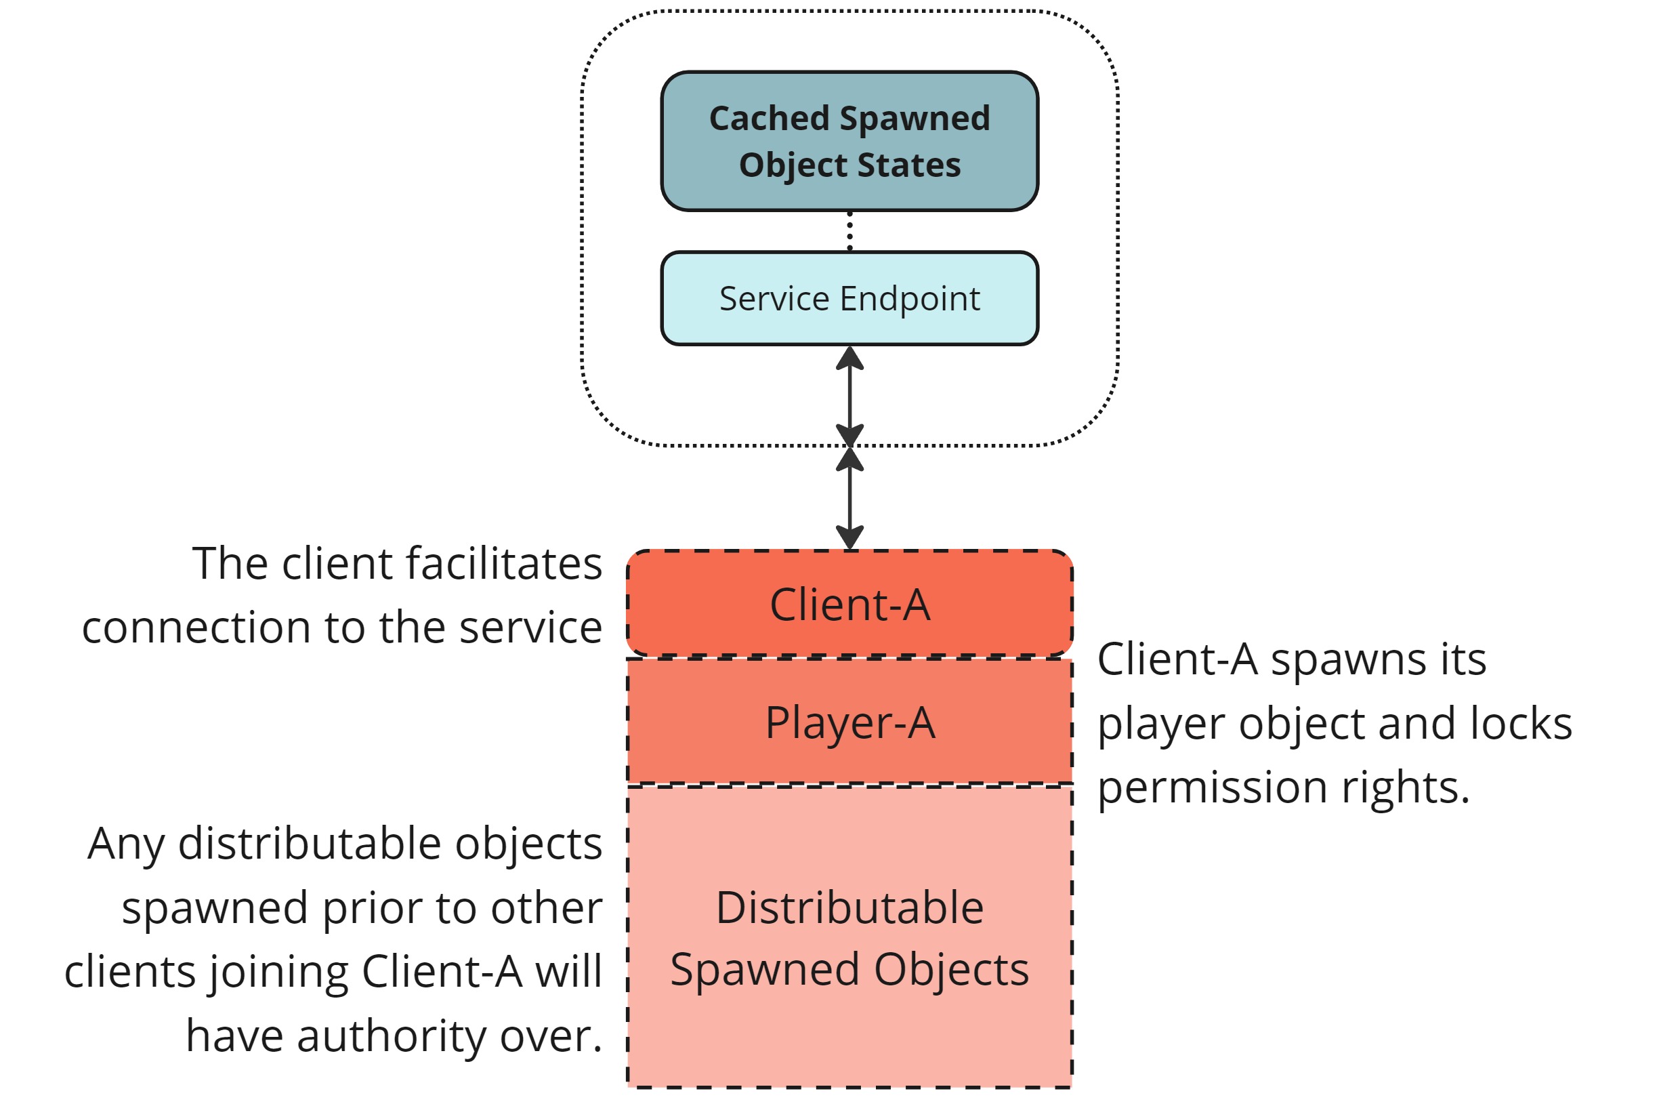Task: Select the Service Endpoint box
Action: point(849,298)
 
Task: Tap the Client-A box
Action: point(849,605)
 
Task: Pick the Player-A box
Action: point(849,722)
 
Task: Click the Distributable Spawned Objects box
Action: point(849,938)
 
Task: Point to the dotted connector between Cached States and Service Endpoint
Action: point(849,230)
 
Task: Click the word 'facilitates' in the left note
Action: point(504,564)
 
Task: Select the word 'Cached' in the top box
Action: point(768,118)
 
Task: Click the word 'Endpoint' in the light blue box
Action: point(910,298)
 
